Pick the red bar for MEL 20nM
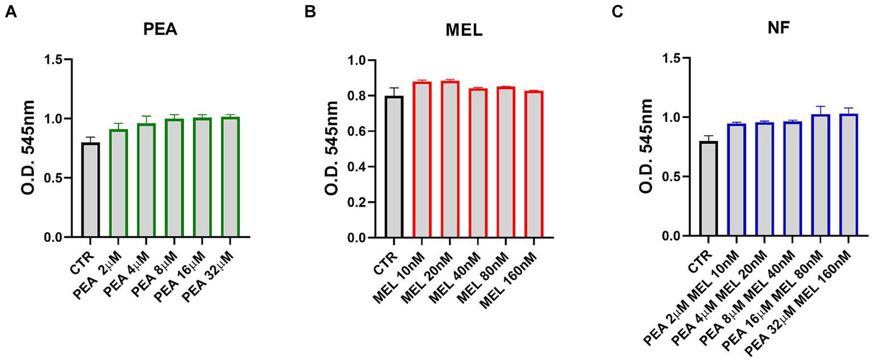pyautogui.click(x=449, y=160)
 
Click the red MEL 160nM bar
pyautogui.click(x=533, y=164)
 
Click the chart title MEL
pyautogui.click(x=463, y=31)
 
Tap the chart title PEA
pyautogui.click(x=160, y=30)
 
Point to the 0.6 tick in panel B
pyautogui.click(x=360, y=131)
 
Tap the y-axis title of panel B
pyautogui.click(x=331, y=148)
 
